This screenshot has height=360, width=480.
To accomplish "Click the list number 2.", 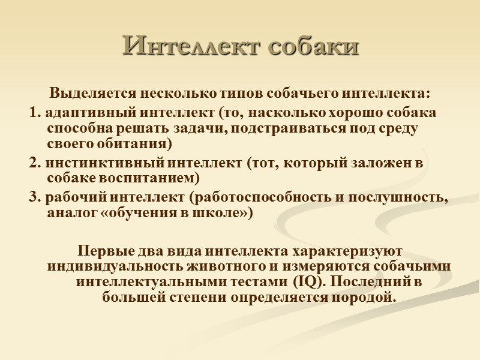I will [x=33, y=163].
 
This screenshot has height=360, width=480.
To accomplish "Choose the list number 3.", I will [x=33, y=197].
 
